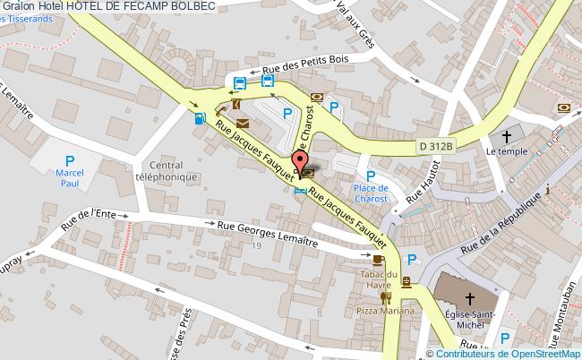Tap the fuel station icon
[198, 118]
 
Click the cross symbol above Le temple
[507, 137]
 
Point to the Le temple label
[503, 152]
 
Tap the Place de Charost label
[370, 193]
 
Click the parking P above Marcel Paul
[69, 161]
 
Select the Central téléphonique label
[179, 171]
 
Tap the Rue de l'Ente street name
[90, 219]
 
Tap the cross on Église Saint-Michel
[469, 298]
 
